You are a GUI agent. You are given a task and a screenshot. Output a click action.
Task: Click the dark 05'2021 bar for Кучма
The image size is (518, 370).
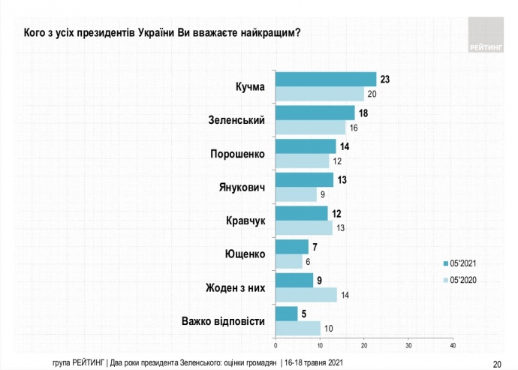point(326,80)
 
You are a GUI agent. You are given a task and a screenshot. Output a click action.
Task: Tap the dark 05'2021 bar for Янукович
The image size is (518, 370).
point(304,180)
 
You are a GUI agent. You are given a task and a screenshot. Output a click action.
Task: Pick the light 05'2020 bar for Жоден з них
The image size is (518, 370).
point(306,295)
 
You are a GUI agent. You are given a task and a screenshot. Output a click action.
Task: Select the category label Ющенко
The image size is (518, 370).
point(245,254)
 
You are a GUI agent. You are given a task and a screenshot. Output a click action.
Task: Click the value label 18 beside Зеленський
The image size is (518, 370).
point(363,112)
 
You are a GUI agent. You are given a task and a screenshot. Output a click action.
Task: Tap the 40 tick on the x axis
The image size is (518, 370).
point(453,345)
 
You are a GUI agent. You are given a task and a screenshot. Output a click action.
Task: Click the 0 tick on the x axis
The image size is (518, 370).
point(276,345)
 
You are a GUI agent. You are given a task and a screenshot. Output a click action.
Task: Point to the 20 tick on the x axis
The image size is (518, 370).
point(364,345)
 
